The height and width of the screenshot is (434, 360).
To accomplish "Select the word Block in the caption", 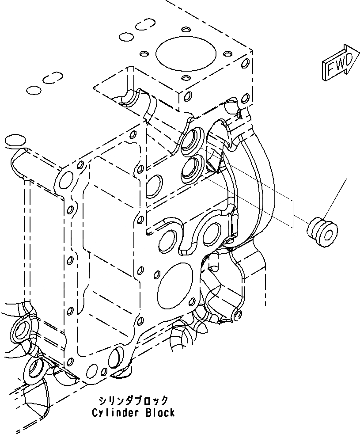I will pos(160,413).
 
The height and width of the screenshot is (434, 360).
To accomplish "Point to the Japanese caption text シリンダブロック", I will pos(133,400).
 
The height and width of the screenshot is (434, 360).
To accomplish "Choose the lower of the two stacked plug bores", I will pos(192,168).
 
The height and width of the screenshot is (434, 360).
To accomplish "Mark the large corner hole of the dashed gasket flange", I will pos(65,180).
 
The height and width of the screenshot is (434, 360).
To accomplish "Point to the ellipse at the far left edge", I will pos(14,141).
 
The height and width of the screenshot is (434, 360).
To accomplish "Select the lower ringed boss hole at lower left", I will pos(35,368).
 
